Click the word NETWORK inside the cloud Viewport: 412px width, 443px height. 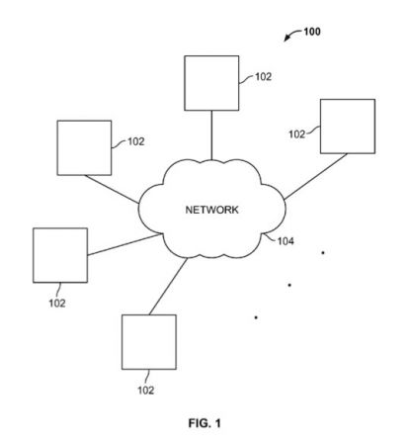(212, 210)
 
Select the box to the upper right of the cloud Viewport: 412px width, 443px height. (346, 127)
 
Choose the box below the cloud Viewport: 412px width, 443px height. (148, 341)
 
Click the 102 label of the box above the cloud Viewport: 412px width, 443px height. (263, 75)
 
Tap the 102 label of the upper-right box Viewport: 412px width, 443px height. (297, 132)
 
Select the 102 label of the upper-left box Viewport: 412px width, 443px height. (135, 141)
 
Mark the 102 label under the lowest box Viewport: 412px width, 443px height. (145, 390)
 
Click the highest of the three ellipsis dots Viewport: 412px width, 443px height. (322, 253)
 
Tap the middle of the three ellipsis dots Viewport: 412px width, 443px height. (288, 285)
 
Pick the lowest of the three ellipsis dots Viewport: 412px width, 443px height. (256, 317)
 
